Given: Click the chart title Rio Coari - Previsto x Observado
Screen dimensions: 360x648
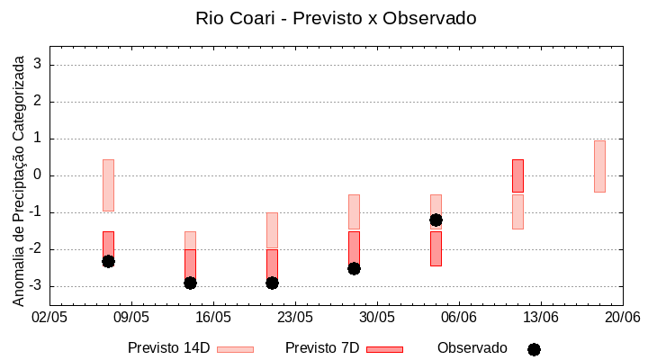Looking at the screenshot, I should (x=336, y=18).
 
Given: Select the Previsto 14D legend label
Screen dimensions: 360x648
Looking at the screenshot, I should (x=168, y=348).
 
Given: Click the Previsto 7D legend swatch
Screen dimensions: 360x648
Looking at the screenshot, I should (x=384, y=349).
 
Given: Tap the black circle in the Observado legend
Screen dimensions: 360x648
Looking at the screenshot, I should (x=534, y=349).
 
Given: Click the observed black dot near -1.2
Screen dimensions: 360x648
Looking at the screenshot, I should (x=436, y=220).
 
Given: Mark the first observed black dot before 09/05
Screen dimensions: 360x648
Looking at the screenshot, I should (x=108, y=261).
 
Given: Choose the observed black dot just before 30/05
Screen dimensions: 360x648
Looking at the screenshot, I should (x=354, y=268).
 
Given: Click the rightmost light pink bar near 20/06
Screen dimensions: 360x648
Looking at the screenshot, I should (x=599, y=166).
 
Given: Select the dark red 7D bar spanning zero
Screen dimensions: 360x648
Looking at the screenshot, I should (x=517, y=175).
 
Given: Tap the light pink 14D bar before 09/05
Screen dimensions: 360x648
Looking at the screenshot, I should (x=108, y=184).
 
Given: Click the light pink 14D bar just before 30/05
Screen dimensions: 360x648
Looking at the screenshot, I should (x=354, y=211).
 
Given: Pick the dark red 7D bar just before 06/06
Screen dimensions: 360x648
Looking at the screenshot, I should (x=436, y=249).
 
